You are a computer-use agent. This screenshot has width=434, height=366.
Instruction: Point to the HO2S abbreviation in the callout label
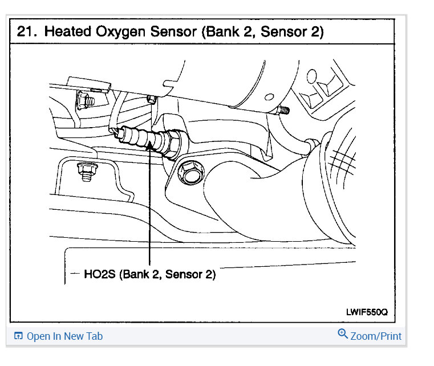click(x=99, y=274)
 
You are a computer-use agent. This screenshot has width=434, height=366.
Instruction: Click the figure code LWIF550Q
click(x=366, y=312)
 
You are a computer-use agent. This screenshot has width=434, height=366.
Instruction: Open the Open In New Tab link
click(x=64, y=336)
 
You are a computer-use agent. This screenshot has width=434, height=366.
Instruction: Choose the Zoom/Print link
click(x=376, y=336)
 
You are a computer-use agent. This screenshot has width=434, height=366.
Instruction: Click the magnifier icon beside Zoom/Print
click(x=343, y=334)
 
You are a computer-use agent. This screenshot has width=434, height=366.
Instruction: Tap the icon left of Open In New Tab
click(x=18, y=336)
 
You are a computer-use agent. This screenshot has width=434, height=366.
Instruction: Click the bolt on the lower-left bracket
click(x=86, y=171)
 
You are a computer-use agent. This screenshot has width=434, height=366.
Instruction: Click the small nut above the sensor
click(x=151, y=100)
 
